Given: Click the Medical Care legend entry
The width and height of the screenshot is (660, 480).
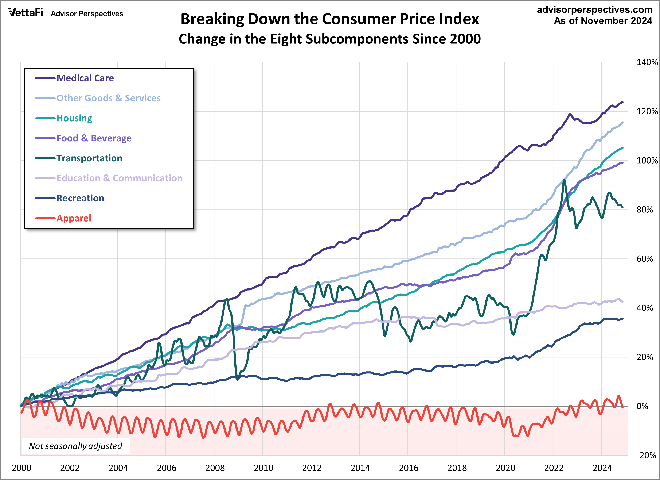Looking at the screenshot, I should (85, 78).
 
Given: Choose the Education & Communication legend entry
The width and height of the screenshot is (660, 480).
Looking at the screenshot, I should (119, 178).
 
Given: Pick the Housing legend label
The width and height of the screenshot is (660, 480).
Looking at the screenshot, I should (74, 118).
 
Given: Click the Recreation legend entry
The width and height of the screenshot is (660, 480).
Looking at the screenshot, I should (80, 198).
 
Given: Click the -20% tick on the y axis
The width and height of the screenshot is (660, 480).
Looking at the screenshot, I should (646, 455).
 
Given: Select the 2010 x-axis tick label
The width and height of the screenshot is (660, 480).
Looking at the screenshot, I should (263, 468).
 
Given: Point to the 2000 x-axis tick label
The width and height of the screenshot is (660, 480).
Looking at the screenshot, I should (22, 468).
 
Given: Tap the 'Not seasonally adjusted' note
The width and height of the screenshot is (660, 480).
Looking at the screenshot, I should (75, 446).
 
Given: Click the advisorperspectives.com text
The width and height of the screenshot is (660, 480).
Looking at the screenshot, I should (594, 10).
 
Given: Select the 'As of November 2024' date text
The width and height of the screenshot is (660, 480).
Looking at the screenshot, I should (603, 21).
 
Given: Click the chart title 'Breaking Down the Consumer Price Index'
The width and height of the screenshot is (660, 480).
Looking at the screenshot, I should (330, 19).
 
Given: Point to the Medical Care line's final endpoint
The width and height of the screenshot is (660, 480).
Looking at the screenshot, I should (622, 102).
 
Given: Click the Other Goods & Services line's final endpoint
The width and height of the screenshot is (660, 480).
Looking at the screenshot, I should (622, 122).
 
